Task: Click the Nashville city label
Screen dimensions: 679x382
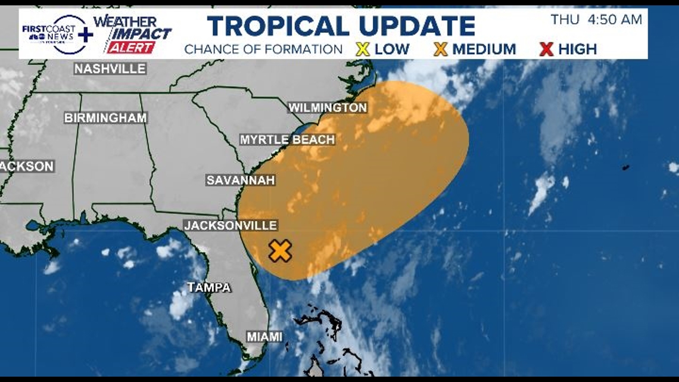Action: (110, 69)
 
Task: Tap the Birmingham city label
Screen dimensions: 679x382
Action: (105, 118)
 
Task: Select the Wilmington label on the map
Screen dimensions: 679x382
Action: (328, 108)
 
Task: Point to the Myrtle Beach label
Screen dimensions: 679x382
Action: (287, 140)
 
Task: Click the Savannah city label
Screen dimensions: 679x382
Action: (241, 180)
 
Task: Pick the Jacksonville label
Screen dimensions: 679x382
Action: (231, 225)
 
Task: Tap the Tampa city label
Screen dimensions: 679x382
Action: (209, 288)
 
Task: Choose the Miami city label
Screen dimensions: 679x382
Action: (265, 337)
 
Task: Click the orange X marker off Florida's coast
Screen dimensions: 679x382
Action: (280, 251)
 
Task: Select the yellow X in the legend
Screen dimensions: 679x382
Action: (362, 49)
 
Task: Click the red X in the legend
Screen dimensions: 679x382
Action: (546, 49)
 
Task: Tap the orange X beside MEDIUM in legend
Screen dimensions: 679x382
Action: (441, 49)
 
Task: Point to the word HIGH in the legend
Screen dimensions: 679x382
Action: (578, 49)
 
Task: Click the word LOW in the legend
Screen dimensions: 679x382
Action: (392, 49)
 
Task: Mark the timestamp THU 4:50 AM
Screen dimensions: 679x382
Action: (596, 20)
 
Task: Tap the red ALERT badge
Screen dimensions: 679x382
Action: (132, 48)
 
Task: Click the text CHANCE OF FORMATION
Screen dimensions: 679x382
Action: (263, 49)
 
